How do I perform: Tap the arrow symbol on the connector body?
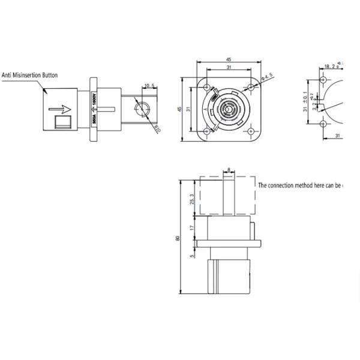point(62,109)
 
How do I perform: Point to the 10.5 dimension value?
point(150,86)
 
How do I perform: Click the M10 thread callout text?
point(158,128)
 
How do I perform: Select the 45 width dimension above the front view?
point(229,59)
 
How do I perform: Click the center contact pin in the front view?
point(229,109)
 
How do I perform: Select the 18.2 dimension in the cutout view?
point(329,66)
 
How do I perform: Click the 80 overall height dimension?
point(177,238)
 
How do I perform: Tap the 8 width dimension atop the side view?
point(229,170)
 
